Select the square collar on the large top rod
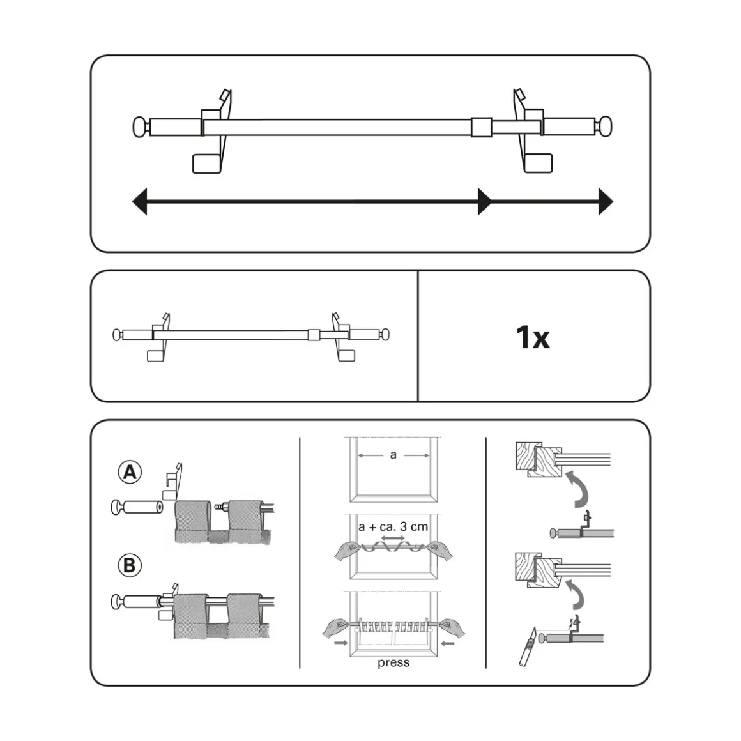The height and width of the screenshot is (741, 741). [482, 127]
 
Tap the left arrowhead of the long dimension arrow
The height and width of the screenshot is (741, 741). [140, 202]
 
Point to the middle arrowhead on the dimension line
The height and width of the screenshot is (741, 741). [484, 202]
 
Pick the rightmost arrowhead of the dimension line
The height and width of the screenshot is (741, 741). [606, 202]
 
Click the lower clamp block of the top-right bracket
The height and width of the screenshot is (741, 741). [539, 164]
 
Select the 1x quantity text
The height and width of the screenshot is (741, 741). [533, 337]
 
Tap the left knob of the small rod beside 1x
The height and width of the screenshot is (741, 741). [118, 335]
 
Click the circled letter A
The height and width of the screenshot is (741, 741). [130, 472]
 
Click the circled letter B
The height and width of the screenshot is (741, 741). [130, 565]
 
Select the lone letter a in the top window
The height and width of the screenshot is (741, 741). [393, 455]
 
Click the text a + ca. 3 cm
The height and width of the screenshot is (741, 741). [393, 526]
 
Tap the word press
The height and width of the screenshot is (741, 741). [393, 662]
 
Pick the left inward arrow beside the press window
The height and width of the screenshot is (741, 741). [340, 643]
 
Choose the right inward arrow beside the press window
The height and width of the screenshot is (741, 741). [448, 643]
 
